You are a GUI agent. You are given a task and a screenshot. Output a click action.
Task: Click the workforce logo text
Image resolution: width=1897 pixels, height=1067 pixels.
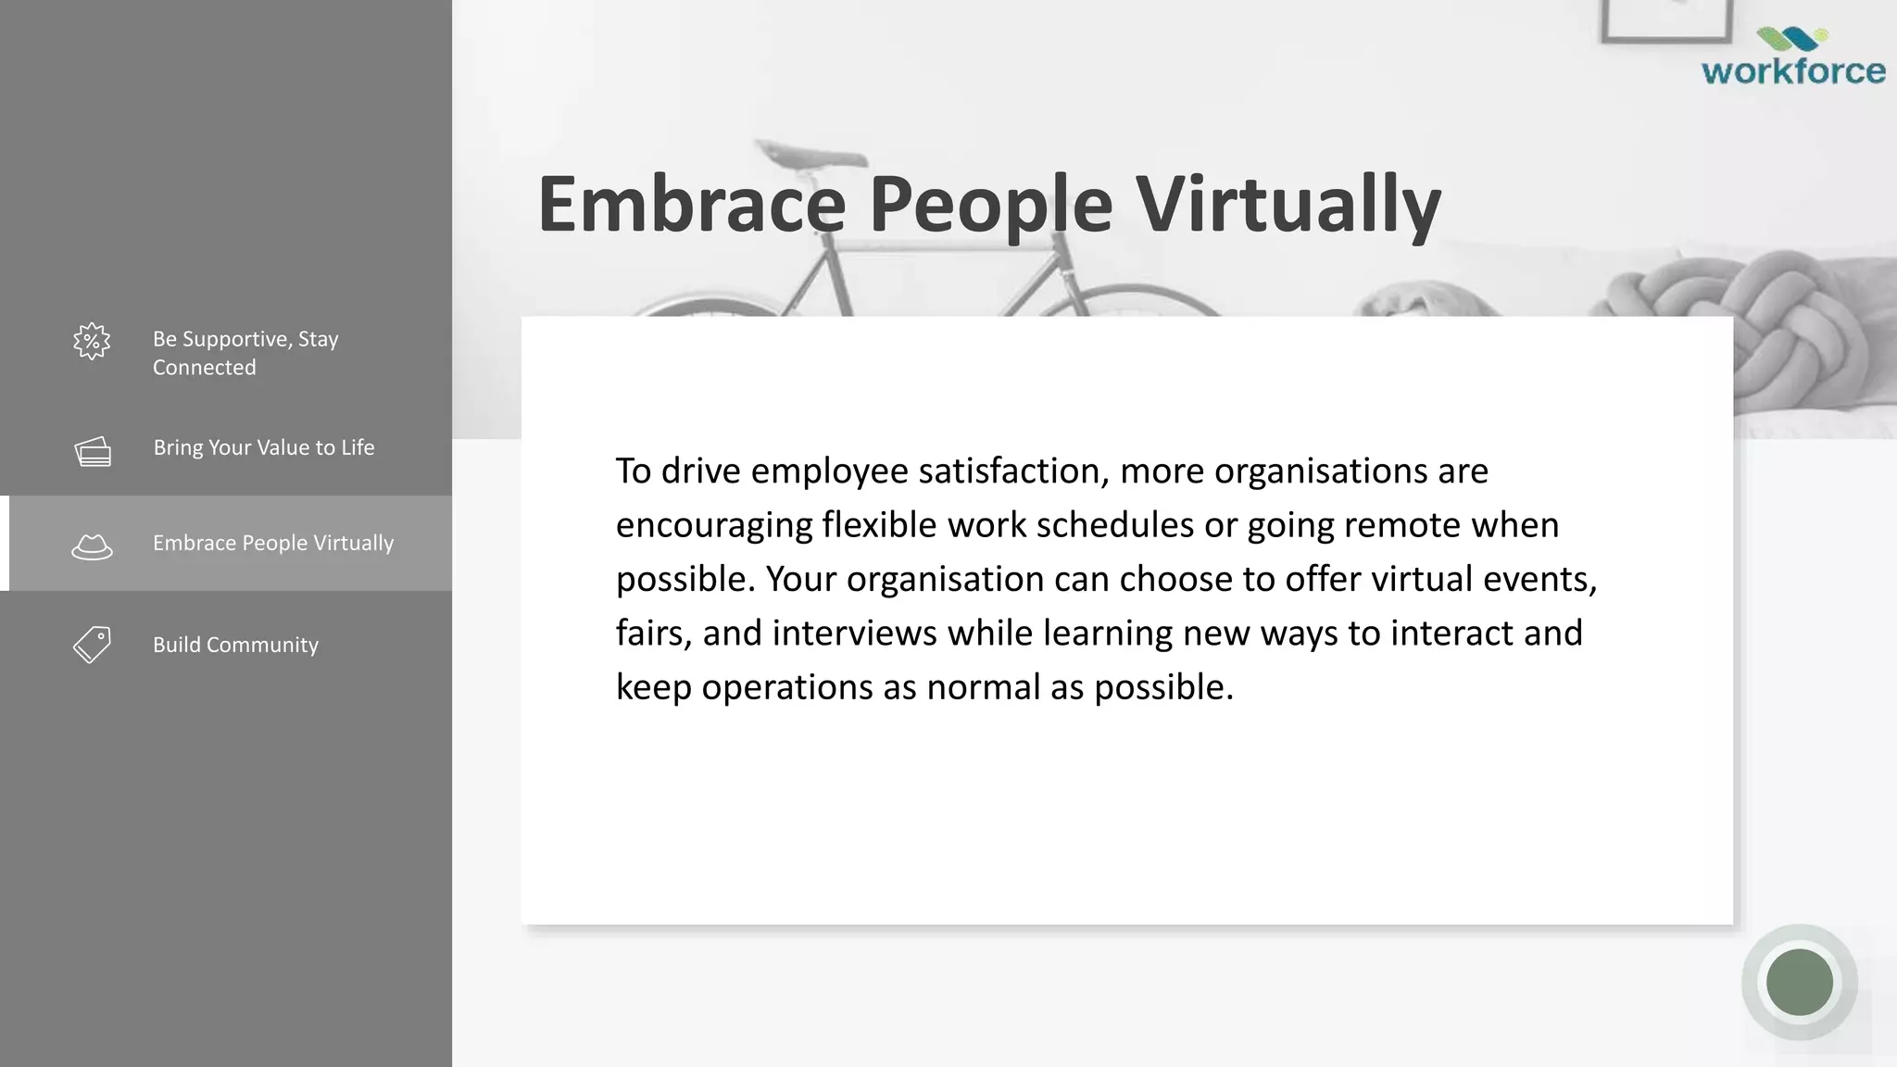coord(1793,71)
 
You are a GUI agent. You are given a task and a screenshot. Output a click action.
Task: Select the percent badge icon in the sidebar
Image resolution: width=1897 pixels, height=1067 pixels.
coord(92,342)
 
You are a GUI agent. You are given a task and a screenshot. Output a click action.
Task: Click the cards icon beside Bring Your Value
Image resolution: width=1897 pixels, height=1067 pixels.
coord(93,452)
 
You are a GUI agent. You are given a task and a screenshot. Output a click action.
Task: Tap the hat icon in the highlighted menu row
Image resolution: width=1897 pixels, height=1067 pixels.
coord(92,546)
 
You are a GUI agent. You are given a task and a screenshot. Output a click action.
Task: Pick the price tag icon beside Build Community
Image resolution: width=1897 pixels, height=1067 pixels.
coord(92,645)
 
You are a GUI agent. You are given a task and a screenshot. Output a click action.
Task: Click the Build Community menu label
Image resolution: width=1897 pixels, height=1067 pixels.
coord(235,645)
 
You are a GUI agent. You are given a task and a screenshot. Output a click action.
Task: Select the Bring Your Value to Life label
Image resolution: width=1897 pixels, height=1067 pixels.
coord(264,447)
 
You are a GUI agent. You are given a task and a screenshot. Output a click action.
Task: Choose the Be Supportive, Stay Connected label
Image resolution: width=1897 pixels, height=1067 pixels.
coord(245,353)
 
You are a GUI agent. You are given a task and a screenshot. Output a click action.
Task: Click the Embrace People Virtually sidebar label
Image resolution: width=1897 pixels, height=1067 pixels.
coord(273,543)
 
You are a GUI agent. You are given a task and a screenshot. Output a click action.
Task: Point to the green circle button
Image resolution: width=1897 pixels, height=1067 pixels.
coord(1799,982)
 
